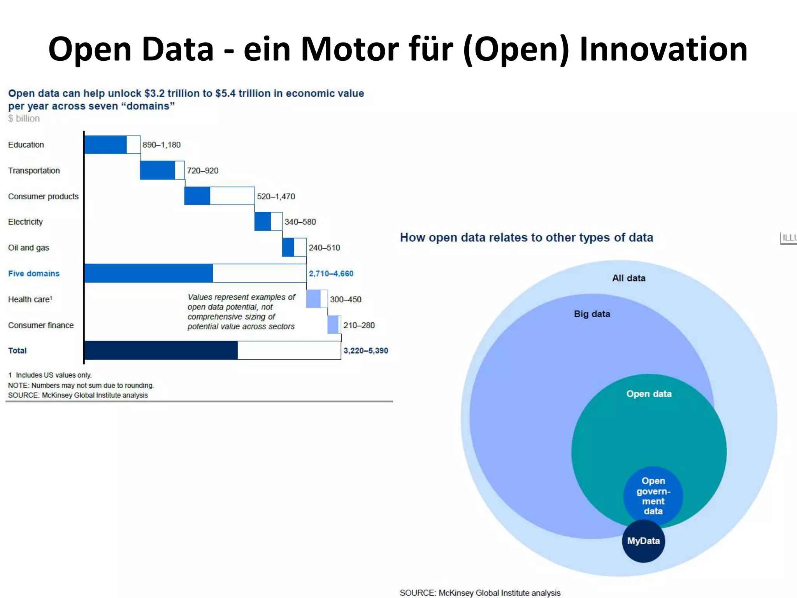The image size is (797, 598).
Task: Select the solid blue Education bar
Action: tap(105, 144)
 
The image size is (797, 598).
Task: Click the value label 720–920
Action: tap(202, 171)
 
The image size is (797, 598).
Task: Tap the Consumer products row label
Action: tap(43, 196)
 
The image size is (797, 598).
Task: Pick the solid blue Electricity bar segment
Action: tap(263, 222)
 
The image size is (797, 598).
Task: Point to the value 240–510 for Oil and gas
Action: tap(324, 248)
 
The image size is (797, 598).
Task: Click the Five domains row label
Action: tap(34, 273)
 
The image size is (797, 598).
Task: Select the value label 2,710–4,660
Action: tap(331, 273)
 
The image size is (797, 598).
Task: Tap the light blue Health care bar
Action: tap(313, 299)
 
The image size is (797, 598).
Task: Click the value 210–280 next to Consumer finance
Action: tap(359, 325)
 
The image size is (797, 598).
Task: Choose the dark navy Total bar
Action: tap(161, 350)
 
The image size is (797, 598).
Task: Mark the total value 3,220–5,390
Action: tap(365, 350)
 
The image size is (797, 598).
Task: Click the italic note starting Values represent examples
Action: tap(241, 311)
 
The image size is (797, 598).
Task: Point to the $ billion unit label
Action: tap(24, 118)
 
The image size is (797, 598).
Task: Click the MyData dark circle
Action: tap(643, 541)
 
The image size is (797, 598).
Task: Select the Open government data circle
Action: tap(653, 496)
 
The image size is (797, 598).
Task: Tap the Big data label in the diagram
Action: tap(592, 314)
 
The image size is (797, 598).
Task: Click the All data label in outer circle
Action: tap(628, 278)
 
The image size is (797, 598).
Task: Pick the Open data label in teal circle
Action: tap(649, 394)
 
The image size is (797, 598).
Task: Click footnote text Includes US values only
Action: tap(53, 375)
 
